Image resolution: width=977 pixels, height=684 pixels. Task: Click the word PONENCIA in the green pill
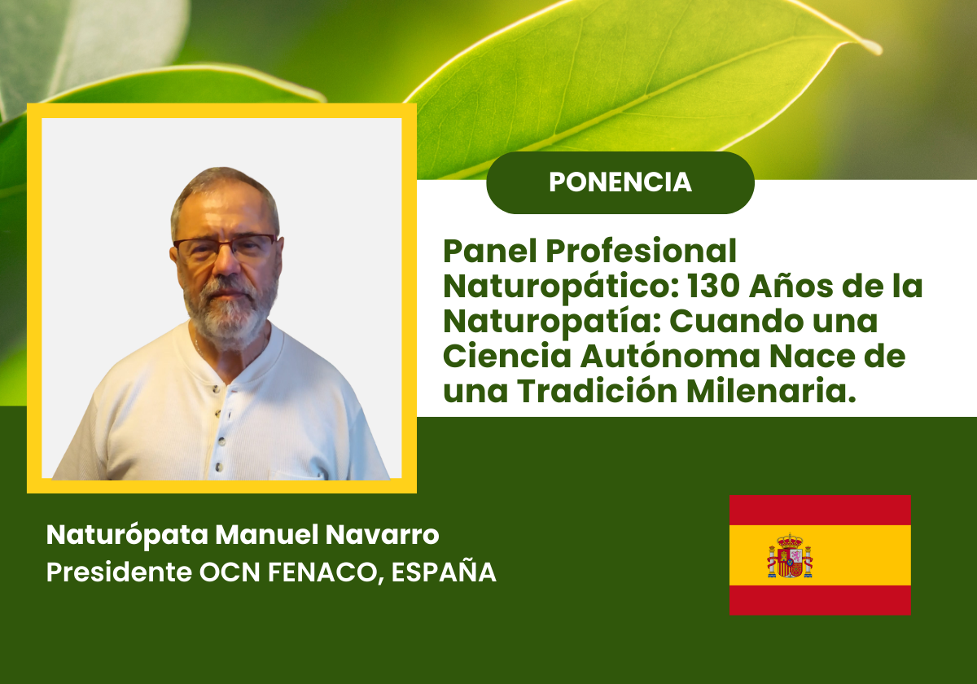[620, 182]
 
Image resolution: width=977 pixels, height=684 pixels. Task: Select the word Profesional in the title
[642, 252]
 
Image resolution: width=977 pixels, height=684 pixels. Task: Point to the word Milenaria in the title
[771, 391]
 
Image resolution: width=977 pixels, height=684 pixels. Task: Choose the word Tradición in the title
[598, 391]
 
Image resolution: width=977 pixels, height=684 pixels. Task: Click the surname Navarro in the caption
[382, 535]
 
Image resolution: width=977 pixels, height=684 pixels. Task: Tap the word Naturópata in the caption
[127, 536]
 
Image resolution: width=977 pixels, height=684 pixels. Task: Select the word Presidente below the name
[119, 572]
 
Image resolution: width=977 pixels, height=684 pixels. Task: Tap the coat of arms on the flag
[790, 555]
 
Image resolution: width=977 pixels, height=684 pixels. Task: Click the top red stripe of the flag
[820, 510]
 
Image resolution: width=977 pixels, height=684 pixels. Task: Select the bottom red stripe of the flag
[820, 600]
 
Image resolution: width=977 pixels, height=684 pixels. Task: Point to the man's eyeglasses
[225, 247]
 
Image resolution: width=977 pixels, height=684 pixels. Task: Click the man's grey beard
[230, 309]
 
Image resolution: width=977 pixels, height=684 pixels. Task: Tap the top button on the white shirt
[215, 388]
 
